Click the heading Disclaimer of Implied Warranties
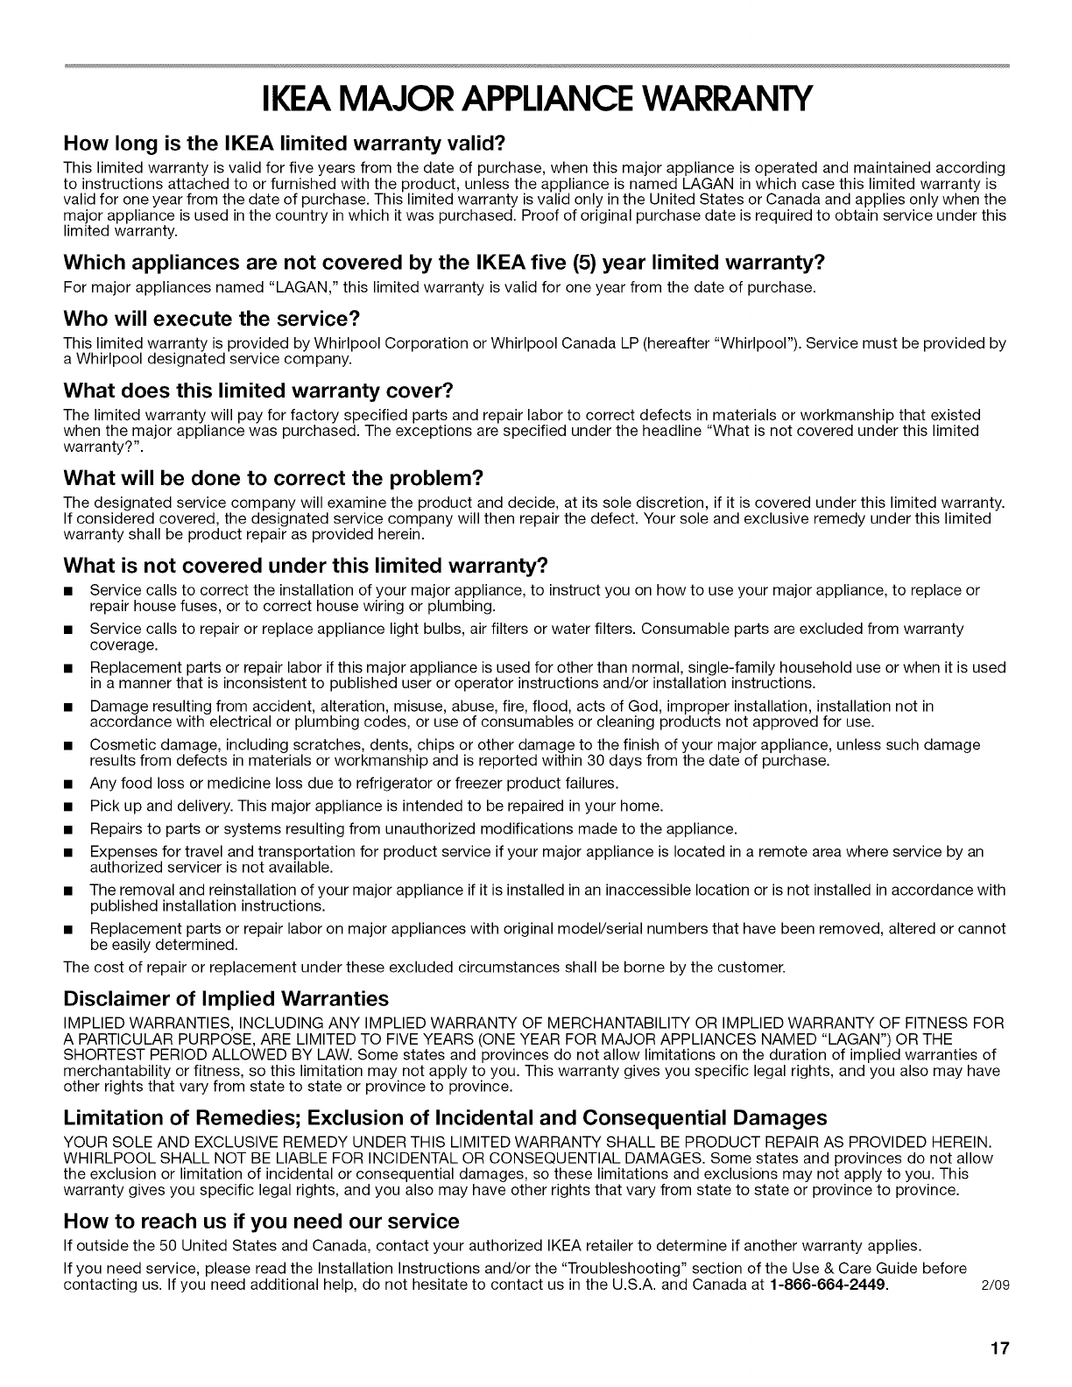point(226,999)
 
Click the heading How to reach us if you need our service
point(262,1221)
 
